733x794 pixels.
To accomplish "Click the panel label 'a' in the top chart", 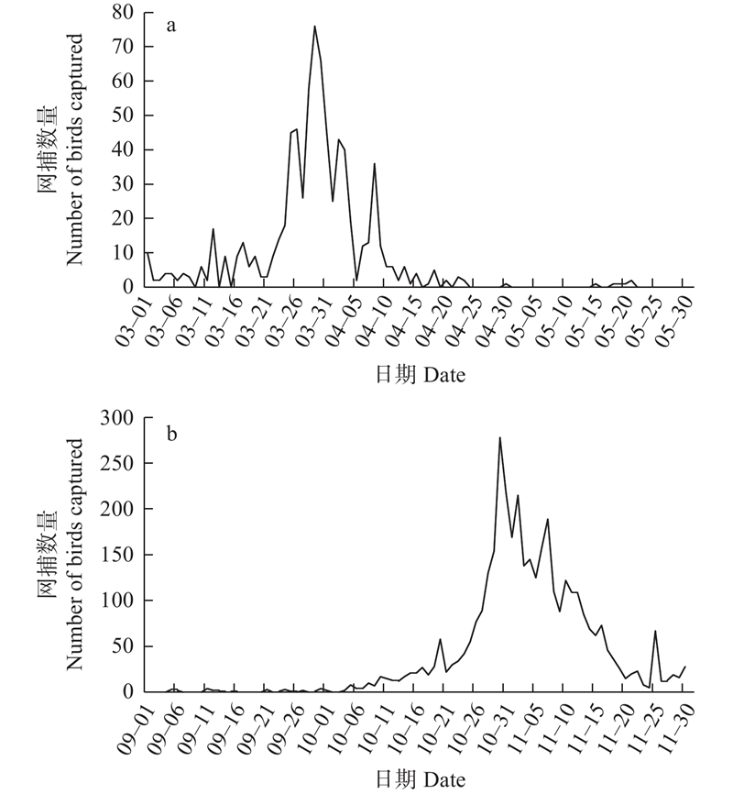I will (170, 26).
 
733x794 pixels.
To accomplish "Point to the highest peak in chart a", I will (314, 26).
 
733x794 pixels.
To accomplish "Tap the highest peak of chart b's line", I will (499, 437).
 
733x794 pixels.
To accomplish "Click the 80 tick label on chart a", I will (126, 12).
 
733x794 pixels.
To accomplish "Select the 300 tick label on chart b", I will (119, 418).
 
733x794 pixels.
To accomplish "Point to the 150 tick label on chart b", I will (119, 555).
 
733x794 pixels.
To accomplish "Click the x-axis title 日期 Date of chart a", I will (418, 374).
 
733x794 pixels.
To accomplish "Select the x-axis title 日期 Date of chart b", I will (418, 779).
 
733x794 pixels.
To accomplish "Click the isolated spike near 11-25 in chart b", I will (655, 631).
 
